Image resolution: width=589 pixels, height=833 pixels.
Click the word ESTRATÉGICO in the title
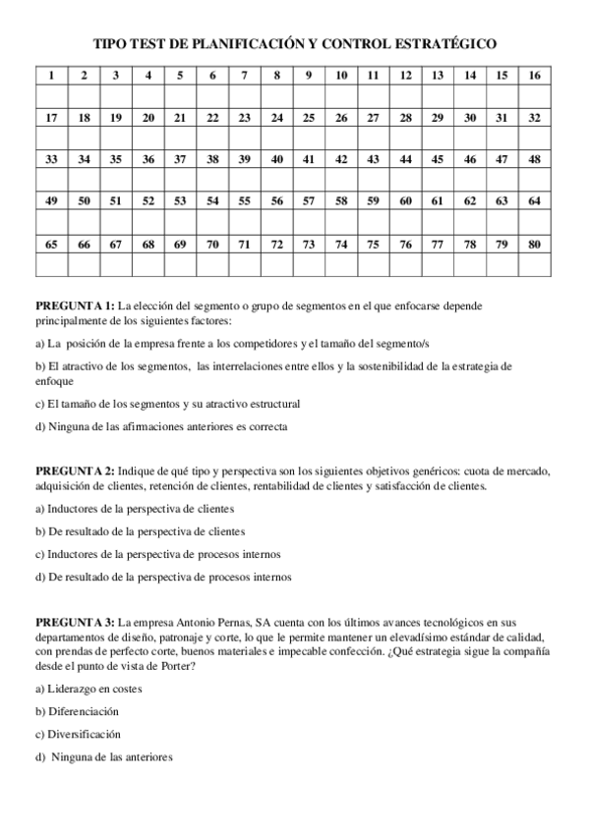point(443,43)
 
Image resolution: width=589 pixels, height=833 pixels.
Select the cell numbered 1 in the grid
point(51,76)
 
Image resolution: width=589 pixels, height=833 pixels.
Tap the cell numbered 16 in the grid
point(534,76)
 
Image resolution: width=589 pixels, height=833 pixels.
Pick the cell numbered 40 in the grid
point(276,159)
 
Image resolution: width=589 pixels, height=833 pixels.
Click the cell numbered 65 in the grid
point(51,244)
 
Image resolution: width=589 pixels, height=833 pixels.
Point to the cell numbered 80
point(534,244)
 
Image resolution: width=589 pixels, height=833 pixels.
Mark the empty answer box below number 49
point(51,222)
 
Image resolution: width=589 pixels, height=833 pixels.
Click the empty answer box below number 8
point(276,96)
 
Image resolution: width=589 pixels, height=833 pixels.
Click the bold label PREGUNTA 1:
point(75,306)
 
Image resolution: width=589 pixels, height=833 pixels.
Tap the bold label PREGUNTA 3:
point(75,623)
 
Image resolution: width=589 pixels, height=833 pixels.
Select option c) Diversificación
point(78,734)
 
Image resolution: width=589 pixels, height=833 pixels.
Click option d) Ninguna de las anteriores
point(103,756)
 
